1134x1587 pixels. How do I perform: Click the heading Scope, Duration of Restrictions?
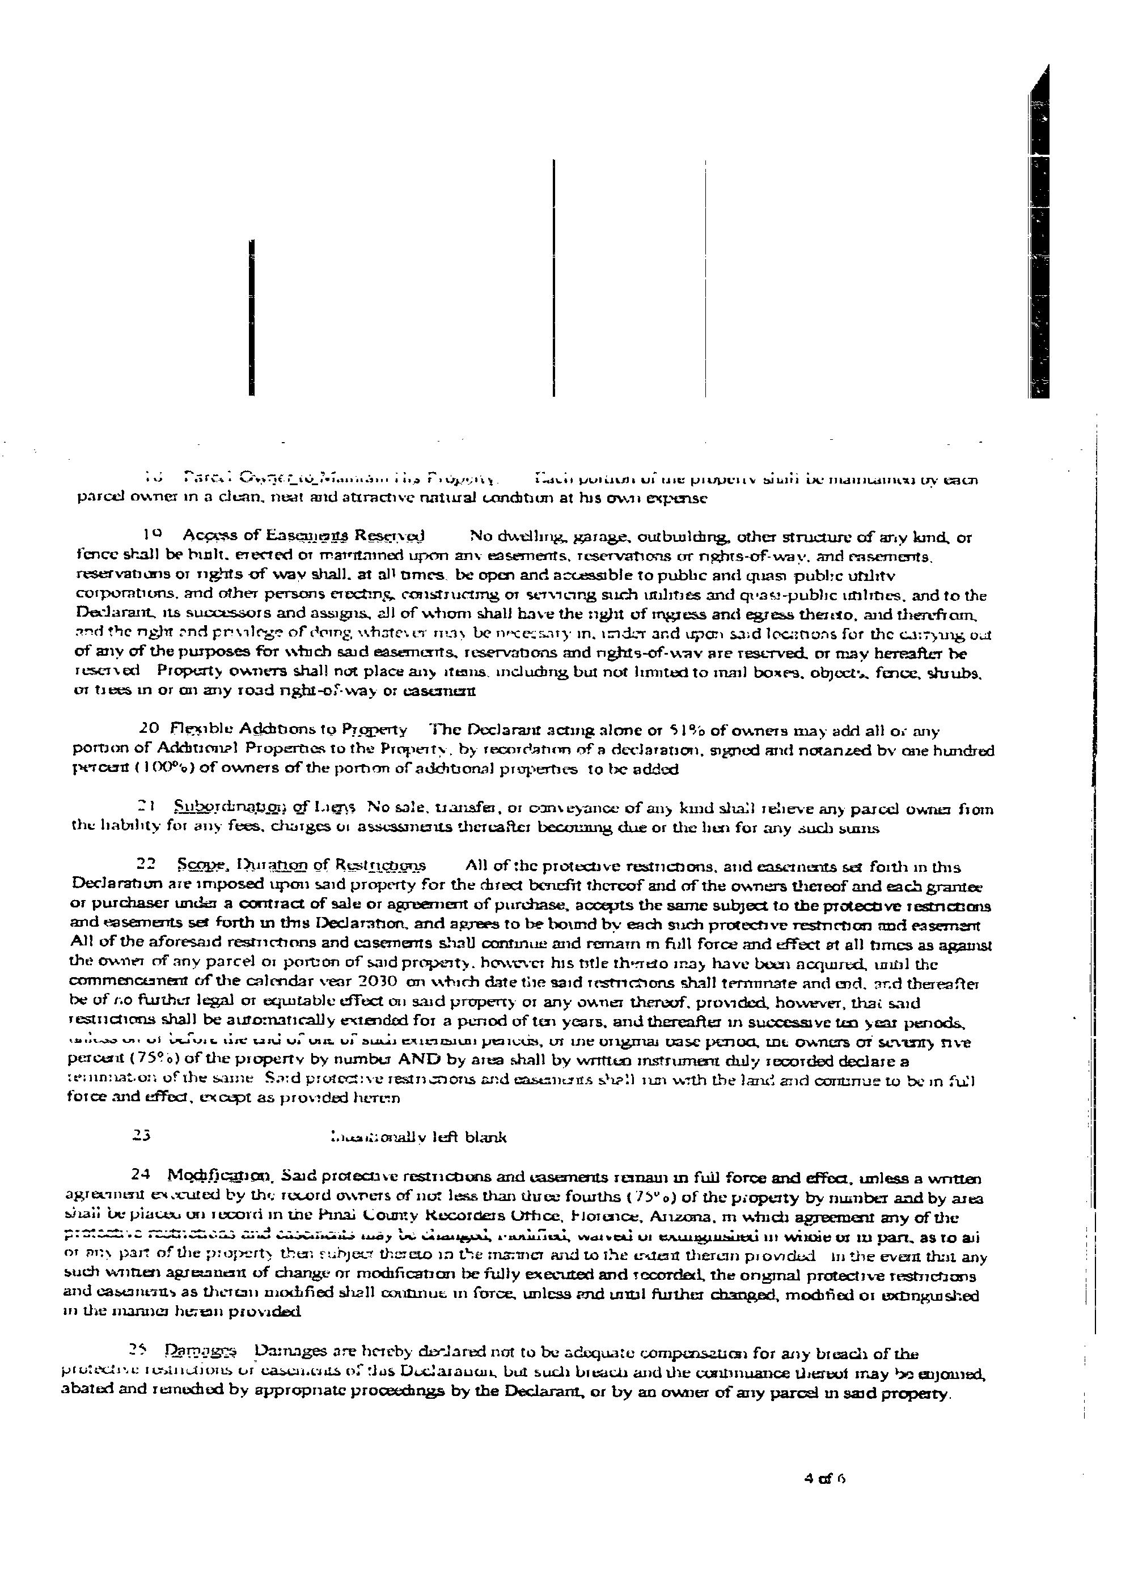tap(301, 866)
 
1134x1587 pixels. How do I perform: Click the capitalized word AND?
tap(417, 1062)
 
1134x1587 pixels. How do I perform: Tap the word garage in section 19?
tap(594, 537)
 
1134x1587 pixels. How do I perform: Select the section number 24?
tap(142, 1178)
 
